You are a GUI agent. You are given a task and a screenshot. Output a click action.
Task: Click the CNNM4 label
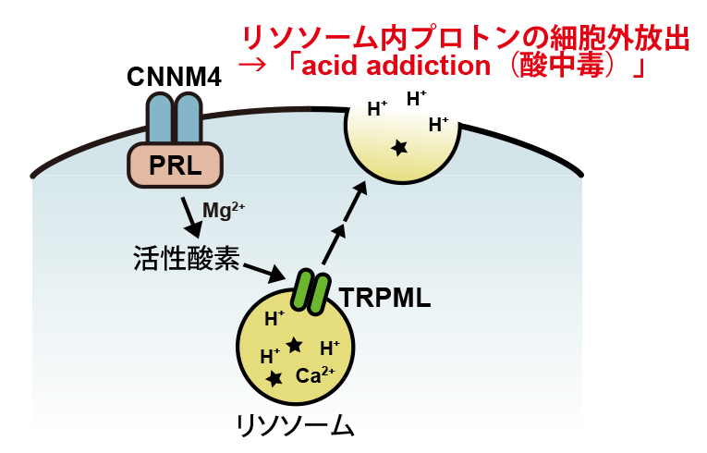[x=174, y=78]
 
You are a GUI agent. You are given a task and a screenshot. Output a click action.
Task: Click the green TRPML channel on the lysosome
[x=311, y=290]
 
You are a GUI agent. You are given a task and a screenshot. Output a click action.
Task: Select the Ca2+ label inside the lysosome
[x=315, y=376]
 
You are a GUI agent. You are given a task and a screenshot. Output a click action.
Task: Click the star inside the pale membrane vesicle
[x=399, y=147]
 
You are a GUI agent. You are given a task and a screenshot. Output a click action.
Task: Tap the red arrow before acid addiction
[x=252, y=67]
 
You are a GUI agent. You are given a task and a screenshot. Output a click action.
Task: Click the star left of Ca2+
[x=274, y=379]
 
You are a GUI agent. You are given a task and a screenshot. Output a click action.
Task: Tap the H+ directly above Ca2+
[x=329, y=349]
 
